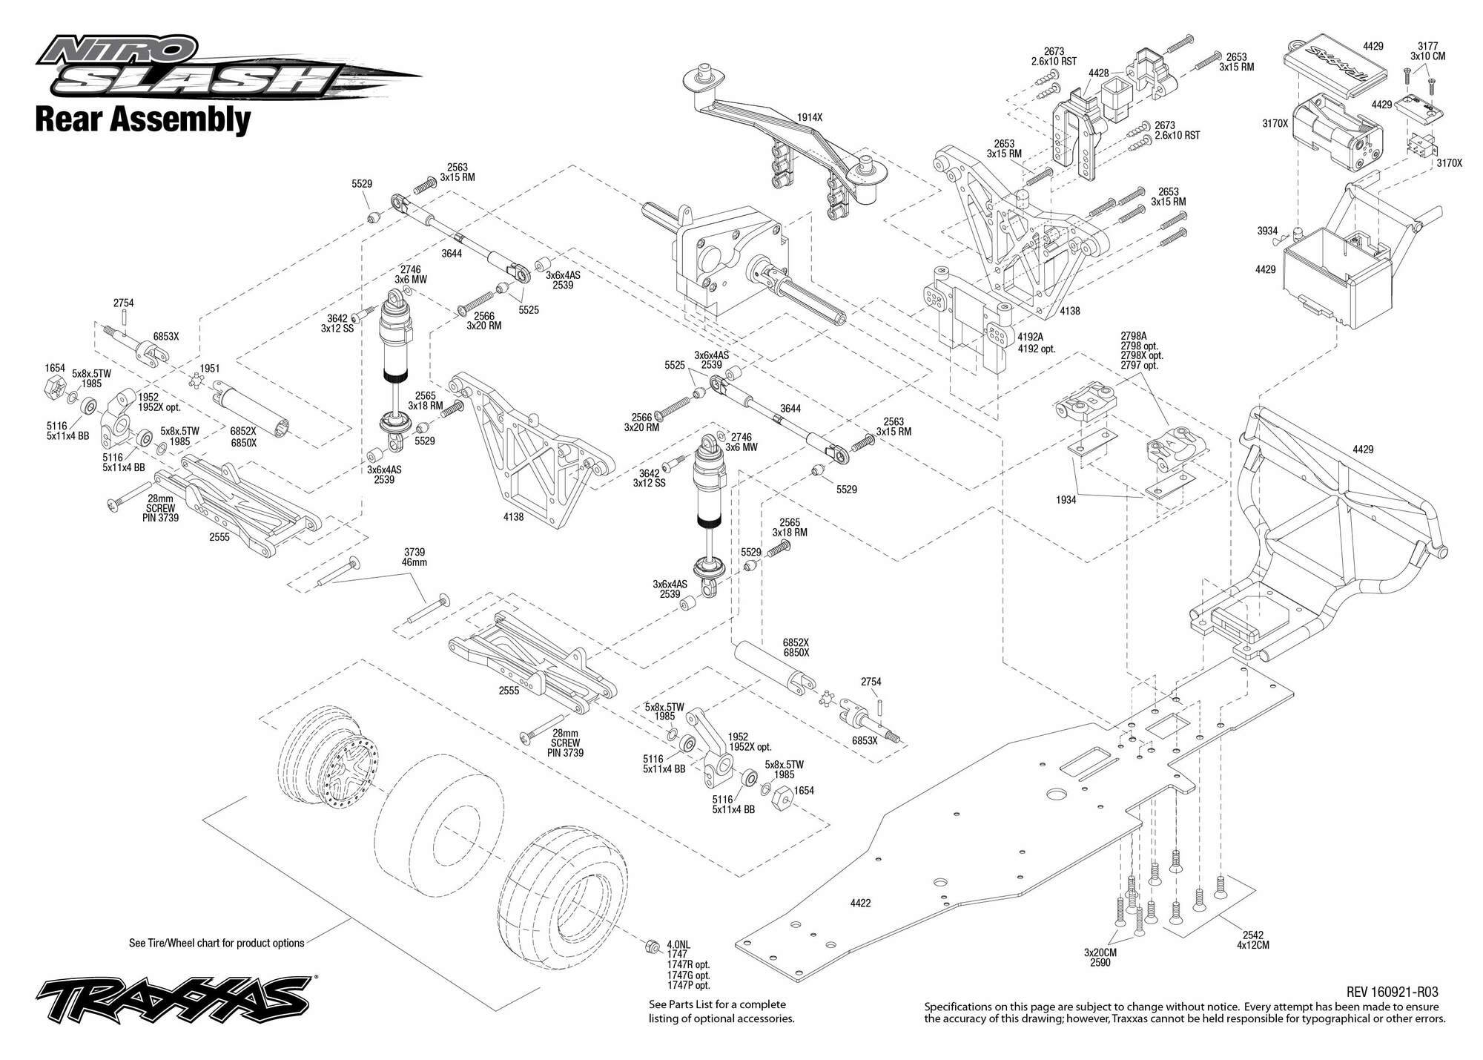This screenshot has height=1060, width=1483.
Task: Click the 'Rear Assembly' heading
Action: (143, 120)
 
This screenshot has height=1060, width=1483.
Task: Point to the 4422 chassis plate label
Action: (860, 903)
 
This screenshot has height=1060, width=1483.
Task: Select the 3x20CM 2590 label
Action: (1100, 958)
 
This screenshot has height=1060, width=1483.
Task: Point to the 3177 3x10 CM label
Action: (1427, 51)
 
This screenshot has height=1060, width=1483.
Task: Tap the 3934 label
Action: (1267, 231)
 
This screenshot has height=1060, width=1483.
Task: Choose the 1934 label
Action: (1066, 500)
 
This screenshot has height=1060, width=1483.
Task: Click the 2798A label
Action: (1134, 336)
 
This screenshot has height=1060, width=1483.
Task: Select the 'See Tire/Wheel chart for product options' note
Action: (217, 944)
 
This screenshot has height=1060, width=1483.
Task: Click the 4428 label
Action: (1099, 73)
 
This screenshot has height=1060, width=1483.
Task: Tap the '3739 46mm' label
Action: (414, 557)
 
